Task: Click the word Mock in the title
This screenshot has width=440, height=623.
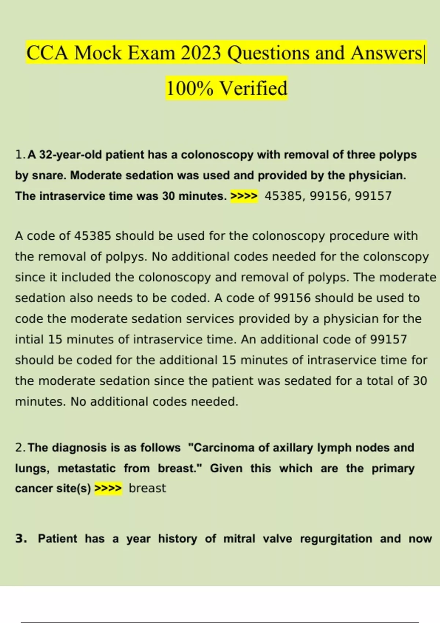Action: pyautogui.click(x=98, y=53)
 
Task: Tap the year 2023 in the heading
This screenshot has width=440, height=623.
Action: pyautogui.click(x=201, y=53)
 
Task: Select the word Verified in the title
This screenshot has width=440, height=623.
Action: pyautogui.click(x=253, y=88)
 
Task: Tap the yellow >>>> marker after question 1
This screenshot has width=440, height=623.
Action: pyautogui.click(x=244, y=196)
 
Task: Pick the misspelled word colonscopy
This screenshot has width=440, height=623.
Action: pyautogui.click(x=396, y=257)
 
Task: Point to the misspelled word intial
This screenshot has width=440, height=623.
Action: pyautogui.click(x=29, y=339)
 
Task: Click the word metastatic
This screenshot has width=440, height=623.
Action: pyautogui.click(x=87, y=468)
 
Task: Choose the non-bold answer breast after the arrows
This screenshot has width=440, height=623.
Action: pyautogui.click(x=147, y=489)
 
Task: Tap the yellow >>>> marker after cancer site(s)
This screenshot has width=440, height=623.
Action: pyautogui.click(x=108, y=489)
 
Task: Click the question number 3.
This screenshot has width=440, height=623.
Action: pyautogui.click(x=21, y=539)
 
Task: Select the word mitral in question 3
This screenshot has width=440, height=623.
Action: pyautogui.click(x=239, y=539)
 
